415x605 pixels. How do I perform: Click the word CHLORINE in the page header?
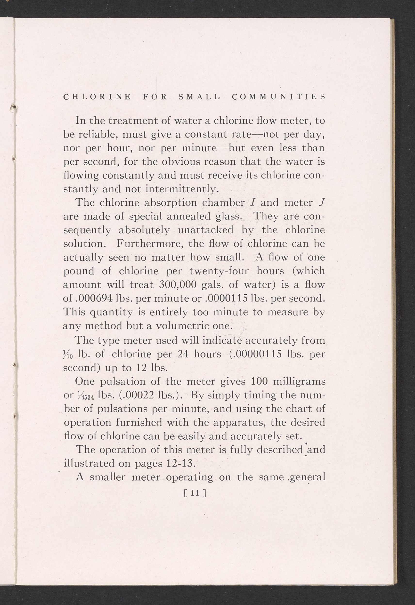97,97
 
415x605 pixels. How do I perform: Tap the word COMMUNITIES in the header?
278,97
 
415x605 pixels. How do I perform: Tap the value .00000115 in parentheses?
255,354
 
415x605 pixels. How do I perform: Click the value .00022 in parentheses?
137,395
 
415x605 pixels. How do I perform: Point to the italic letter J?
321,202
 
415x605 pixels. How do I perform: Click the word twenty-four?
219,271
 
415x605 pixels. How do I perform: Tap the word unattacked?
206,230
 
